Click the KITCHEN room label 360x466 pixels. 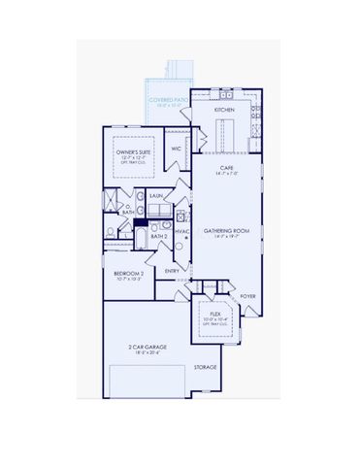click(224, 110)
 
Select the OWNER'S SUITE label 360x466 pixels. click(134, 151)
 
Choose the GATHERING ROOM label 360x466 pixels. click(225, 231)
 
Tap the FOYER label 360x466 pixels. click(247, 296)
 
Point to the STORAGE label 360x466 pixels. click(205, 368)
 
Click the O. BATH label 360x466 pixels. click(127, 210)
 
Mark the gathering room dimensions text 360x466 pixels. click(225, 238)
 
